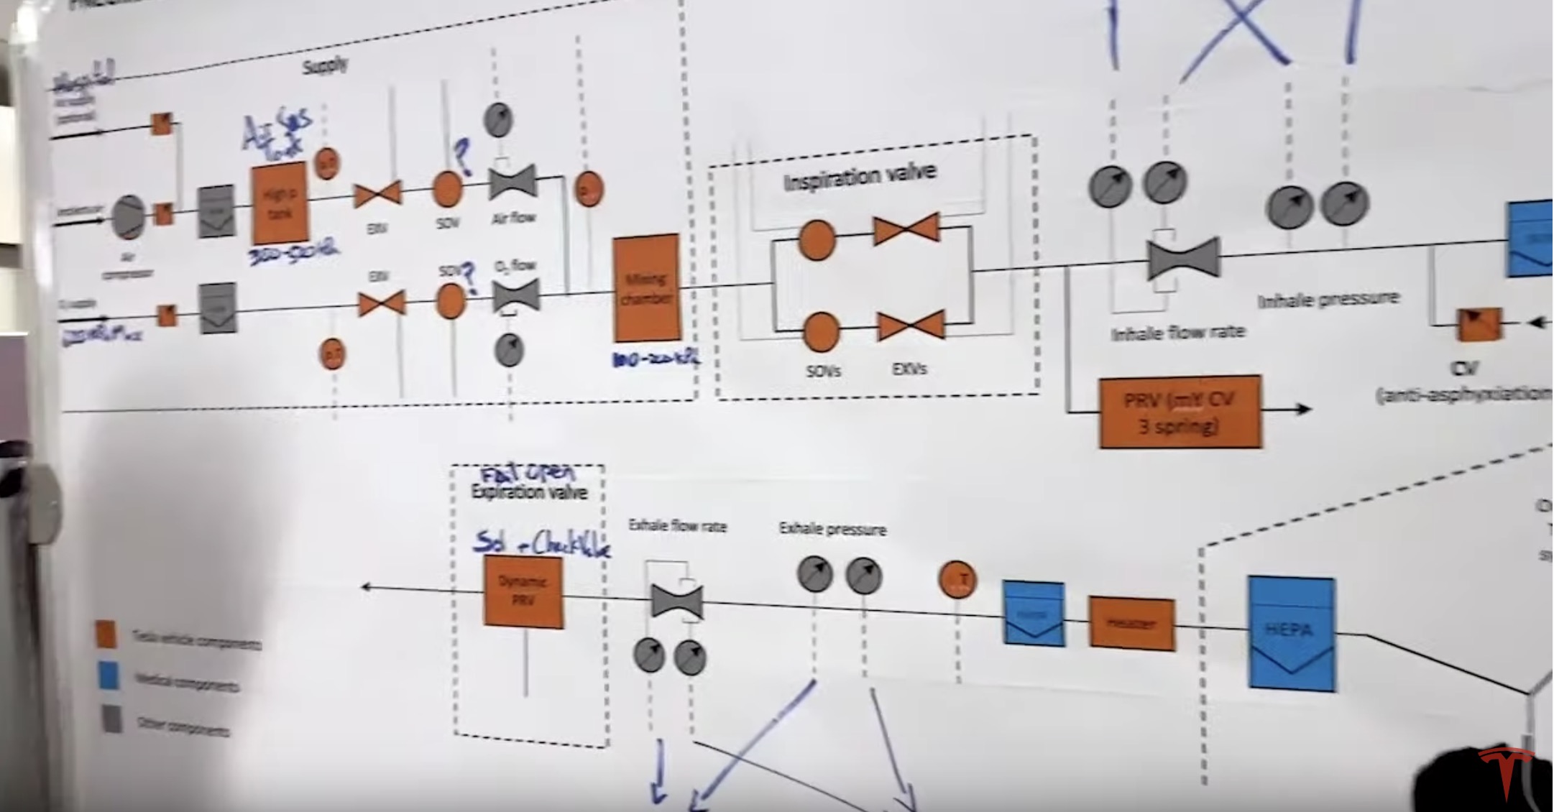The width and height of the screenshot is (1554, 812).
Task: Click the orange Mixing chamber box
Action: [x=646, y=287]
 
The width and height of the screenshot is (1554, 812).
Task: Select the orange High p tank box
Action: [x=280, y=203]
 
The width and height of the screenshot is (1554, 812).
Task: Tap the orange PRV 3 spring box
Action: [x=1180, y=412]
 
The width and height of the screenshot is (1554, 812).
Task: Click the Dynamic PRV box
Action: [x=523, y=591]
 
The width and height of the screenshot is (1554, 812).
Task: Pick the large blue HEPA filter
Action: [x=1292, y=633]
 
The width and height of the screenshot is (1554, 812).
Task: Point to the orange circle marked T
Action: [x=957, y=579]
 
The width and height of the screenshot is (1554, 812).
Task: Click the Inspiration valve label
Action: [x=860, y=176]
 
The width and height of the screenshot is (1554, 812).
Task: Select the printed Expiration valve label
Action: [x=529, y=492]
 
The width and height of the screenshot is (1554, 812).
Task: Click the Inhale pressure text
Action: [x=1328, y=299]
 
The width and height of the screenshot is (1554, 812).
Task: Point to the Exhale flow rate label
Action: [x=677, y=526]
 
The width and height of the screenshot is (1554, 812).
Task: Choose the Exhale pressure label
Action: [x=832, y=530]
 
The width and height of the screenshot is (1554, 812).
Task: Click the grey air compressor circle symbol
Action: [x=129, y=216]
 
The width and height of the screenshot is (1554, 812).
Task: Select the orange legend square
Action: [x=106, y=635]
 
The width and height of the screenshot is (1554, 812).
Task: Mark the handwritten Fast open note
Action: [x=528, y=473]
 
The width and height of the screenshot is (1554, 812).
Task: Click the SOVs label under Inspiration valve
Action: [x=823, y=371]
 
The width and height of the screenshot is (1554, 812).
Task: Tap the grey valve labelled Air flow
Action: [x=512, y=183]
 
